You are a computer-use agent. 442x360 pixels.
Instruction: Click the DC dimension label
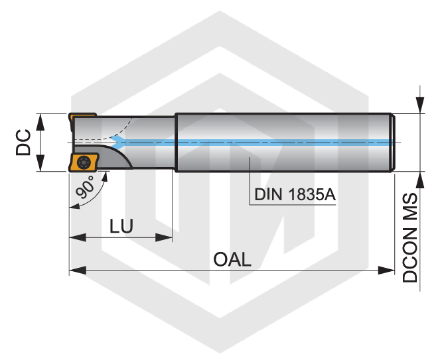click(x=23, y=143)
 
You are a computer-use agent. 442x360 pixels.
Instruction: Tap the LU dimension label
click(x=121, y=226)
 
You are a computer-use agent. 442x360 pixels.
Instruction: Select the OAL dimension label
click(x=232, y=259)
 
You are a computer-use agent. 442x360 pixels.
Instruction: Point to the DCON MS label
click(x=409, y=237)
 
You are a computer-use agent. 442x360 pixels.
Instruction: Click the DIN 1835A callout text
click(x=295, y=194)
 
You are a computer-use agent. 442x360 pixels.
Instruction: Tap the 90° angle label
click(x=86, y=187)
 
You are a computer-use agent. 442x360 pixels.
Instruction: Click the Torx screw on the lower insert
click(x=84, y=162)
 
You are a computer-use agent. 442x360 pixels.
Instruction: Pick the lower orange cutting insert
click(x=84, y=162)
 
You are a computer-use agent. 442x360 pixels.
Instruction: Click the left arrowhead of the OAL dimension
click(x=78, y=270)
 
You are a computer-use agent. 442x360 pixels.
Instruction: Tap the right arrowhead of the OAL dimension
click(x=386, y=270)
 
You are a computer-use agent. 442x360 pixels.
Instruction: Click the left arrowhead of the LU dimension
click(x=78, y=237)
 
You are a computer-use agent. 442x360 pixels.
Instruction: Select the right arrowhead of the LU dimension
click(x=164, y=237)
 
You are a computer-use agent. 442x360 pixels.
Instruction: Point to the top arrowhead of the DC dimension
click(x=40, y=122)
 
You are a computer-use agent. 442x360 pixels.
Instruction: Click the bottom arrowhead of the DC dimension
click(x=40, y=163)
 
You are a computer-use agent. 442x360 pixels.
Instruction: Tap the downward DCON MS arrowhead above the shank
click(x=420, y=105)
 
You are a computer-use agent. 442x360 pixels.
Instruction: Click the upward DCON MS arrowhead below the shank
click(x=420, y=180)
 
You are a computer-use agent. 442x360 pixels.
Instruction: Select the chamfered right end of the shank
click(x=393, y=143)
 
